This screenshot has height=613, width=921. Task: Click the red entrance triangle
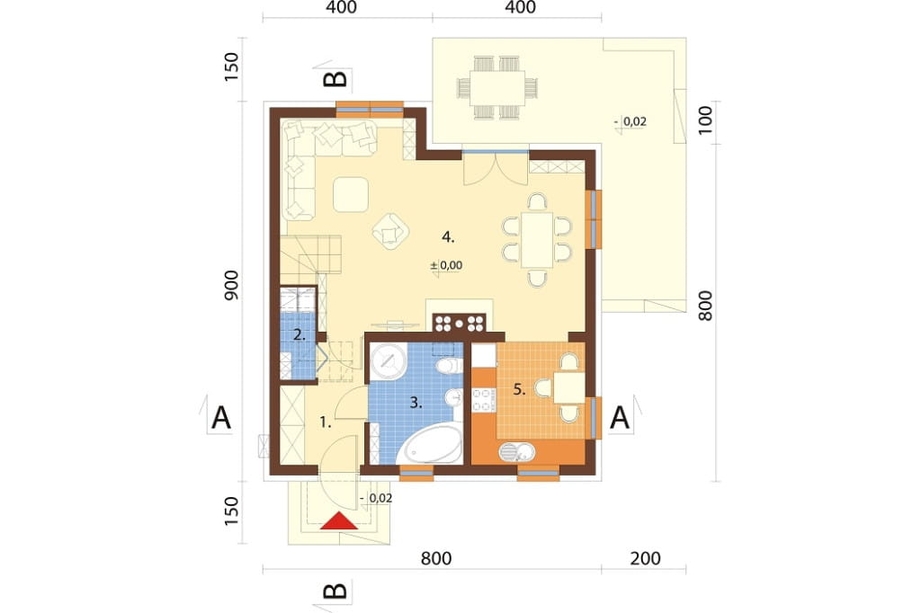tap(339, 520)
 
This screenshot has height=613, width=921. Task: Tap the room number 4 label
tap(448, 237)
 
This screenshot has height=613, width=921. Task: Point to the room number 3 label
tap(416, 403)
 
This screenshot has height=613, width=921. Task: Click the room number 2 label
tap(299, 336)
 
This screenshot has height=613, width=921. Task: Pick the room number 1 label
tap(326, 422)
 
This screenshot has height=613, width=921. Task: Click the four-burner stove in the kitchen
tap(484, 399)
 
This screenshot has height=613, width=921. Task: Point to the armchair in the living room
tap(390, 232)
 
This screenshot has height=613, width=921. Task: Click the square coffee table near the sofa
tap(351, 194)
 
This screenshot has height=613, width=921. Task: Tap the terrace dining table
tap(498, 87)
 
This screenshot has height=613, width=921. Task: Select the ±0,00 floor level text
tap(446, 265)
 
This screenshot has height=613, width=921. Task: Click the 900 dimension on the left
tap(232, 285)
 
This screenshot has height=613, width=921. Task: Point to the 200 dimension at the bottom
tap(645, 558)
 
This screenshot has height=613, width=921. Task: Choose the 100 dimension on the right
tap(705, 120)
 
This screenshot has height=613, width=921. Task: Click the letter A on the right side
tap(621, 418)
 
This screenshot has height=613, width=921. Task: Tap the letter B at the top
tap(336, 79)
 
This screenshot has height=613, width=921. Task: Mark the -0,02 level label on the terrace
tap(630, 121)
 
